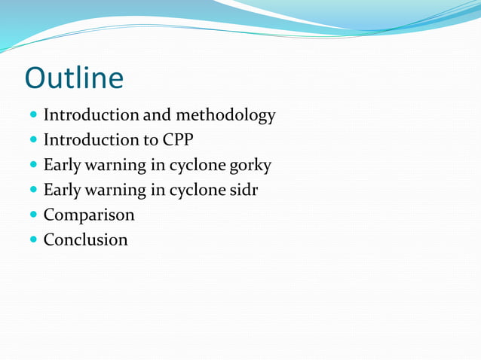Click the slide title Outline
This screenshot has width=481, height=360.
click(x=74, y=78)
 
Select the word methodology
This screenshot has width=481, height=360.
click(x=225, y=116)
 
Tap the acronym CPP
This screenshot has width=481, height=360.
click(x=178, y=140)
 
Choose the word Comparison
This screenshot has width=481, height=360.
click(x=89, y=215)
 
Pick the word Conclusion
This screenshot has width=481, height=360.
click(x=85, y=240)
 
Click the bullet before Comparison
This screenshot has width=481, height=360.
click(x=32, y=215)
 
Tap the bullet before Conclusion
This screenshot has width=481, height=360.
click(x=32, y=240)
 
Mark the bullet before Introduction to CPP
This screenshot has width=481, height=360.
click(x=32, y=141)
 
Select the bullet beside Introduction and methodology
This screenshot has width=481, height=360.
click(x=32, y=116)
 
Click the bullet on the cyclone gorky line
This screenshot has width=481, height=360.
click(x=32, y=166)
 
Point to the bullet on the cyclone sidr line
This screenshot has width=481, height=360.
click(x=32, y=191)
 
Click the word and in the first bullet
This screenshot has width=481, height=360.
click(x=157, y=115)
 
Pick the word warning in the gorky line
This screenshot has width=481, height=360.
click(x=113, y=166)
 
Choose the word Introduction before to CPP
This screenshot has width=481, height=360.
click(x=90, y=140)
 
